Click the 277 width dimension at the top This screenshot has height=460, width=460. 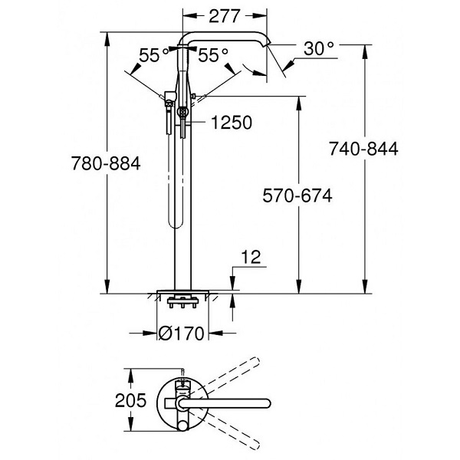pos(226,15)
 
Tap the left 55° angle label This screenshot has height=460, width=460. pos(154,55)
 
